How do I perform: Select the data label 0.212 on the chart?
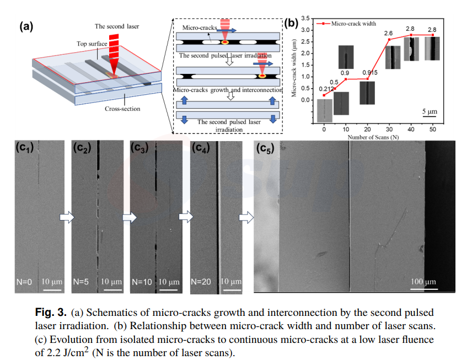click(x=326, y=89)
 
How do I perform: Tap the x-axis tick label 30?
click(x=390, y=128)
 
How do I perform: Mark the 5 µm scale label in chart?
click(x=430, y=111)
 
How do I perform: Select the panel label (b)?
click(x=291, y=23)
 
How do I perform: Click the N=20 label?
click(x=202, y=282)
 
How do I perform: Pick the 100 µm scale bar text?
click(x=423, y=282)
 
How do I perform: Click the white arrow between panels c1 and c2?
click(x=66, y=217)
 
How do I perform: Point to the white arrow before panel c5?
click(x=246, y=217)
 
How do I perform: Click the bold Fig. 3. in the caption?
click(x=52, y=312)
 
